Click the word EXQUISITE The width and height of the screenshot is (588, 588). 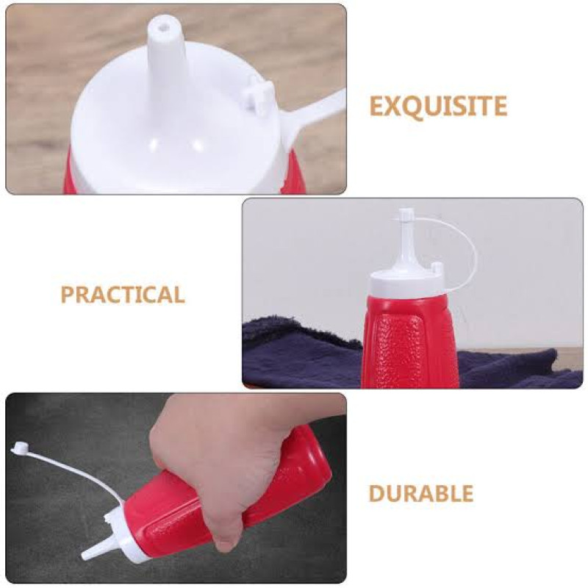[438, 106]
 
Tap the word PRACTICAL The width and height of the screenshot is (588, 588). [123, 295]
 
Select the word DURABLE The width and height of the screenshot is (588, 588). [420, 492]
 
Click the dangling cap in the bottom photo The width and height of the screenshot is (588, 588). [20, 448]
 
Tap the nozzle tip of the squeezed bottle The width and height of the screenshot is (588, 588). [85, 553]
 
